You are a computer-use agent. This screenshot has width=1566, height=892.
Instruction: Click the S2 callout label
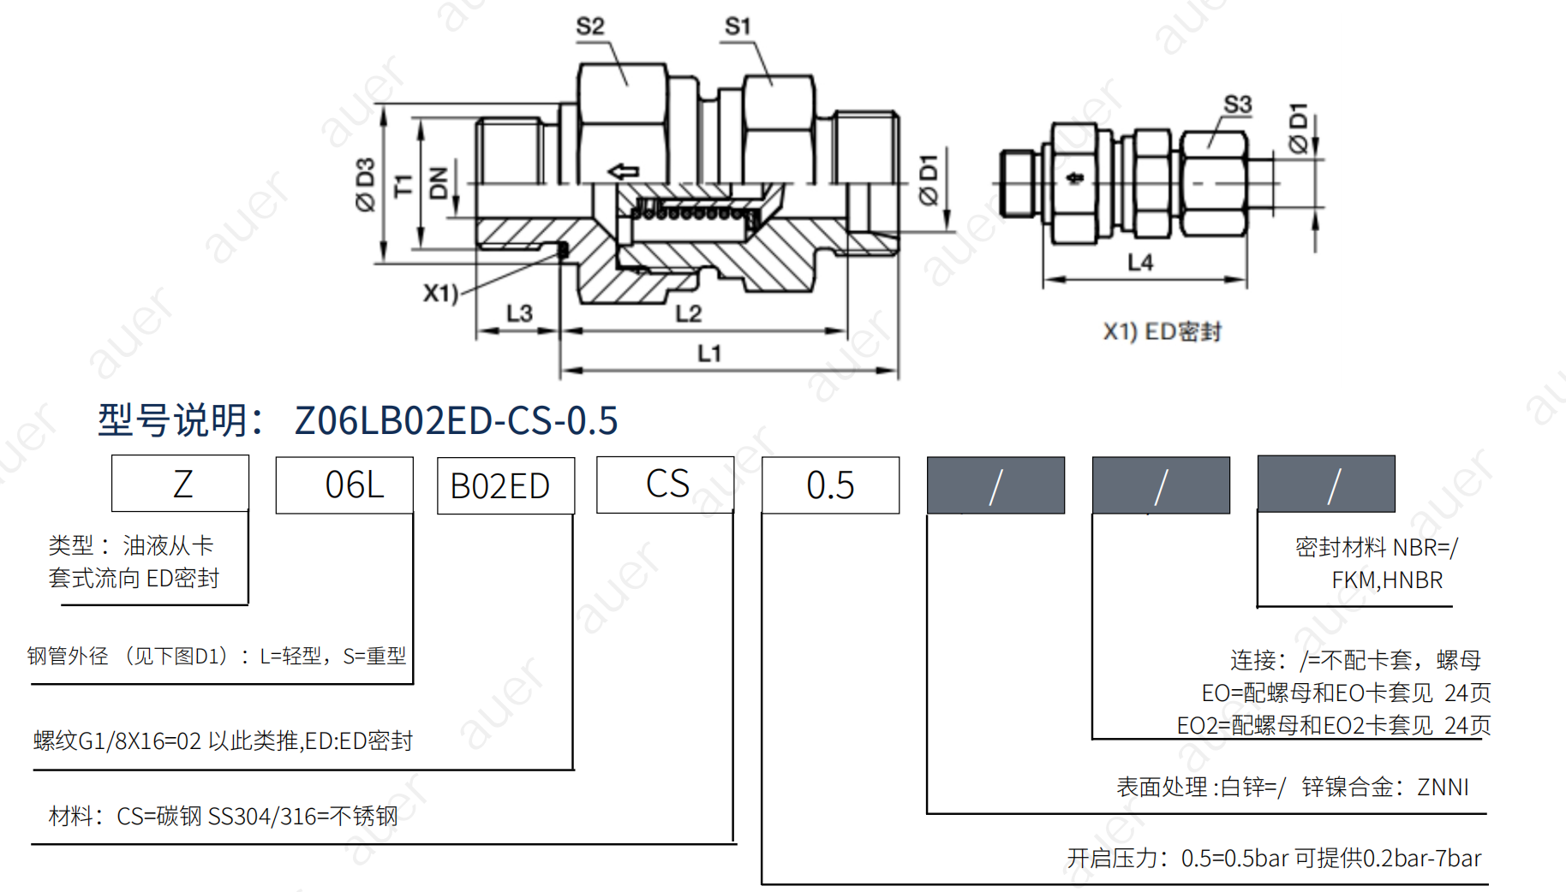[x=590, y=27]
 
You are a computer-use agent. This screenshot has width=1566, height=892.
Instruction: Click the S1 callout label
[x=738, y=27]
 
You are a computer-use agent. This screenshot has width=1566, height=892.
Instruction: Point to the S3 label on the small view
[x=1238, y=104]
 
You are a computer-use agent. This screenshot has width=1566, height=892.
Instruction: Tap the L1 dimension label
[x=709, y=353]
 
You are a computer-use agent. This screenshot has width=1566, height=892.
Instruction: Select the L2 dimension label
[x=689, y=313]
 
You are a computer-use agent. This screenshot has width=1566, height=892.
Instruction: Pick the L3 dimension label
[x=519, y=313]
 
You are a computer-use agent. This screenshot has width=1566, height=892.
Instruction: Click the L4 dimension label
[x=1140, y=262]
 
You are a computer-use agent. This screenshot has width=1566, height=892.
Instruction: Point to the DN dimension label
[x=439, y=183]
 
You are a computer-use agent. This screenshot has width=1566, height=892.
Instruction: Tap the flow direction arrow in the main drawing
[x=624, y=171]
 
